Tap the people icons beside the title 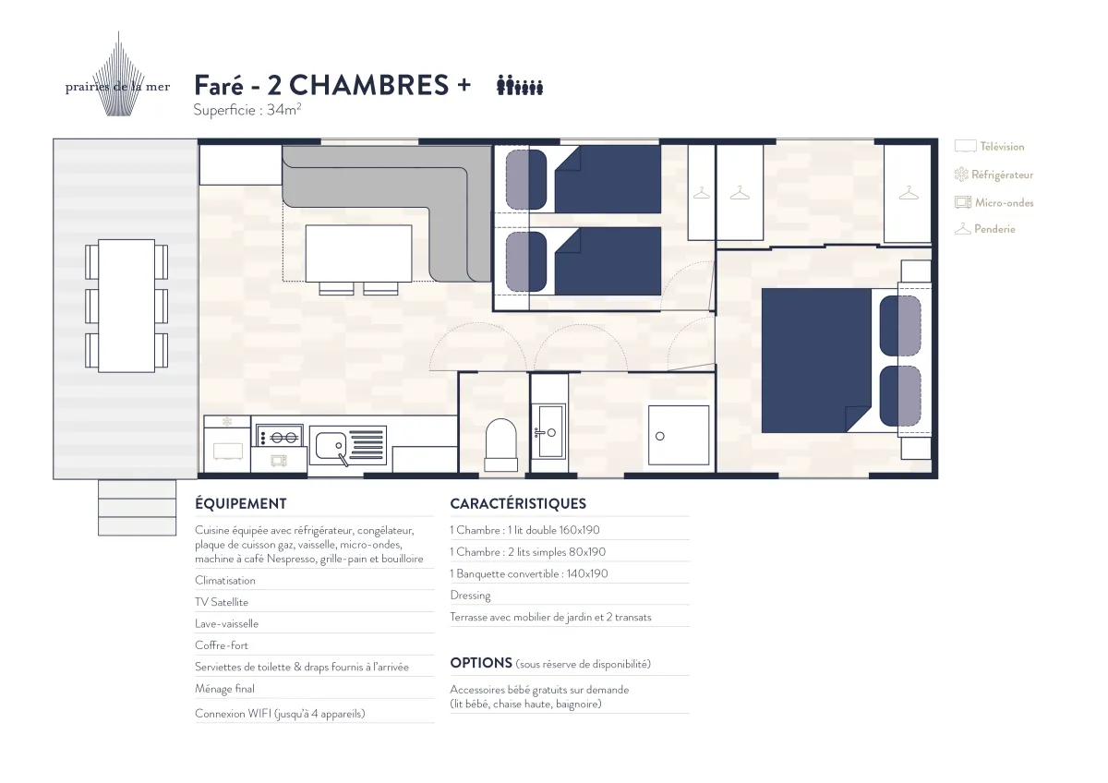(x=519, y=85)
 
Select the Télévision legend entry (x=989, y=147)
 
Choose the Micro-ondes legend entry (x=994, y=202)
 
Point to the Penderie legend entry (x=985, y=229)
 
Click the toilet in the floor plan (x=500, y=445)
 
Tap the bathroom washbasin (x=549, y=431)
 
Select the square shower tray (x=679, y=435)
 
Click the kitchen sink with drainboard (x=348, y=446)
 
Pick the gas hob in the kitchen (x=280, y=438)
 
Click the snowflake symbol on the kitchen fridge (x=227, y=422)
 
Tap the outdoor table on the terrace (x=126, y=306)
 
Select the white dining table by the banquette (x=358, y=254)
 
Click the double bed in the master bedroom (x=842, y=361)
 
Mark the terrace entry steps (x=137, y=508)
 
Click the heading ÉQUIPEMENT (x=240, y=503)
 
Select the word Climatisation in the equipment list (x=225, y=580)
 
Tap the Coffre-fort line (x=221, y=645)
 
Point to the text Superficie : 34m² (x=247, y=109)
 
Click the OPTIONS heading (x=481, y=663)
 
